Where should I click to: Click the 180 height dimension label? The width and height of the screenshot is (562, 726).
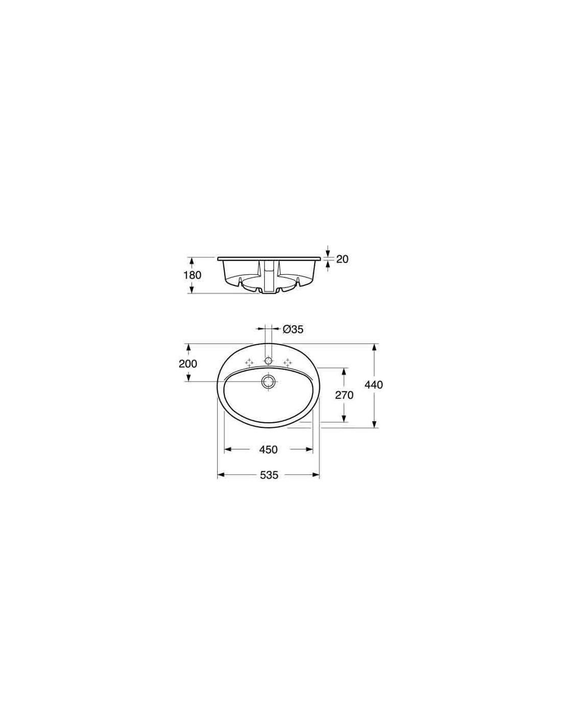[x=192, y=275]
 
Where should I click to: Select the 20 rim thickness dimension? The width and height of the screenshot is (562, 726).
[x=342, y=259]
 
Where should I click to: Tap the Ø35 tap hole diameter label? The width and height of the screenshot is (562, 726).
[x=293, y=329]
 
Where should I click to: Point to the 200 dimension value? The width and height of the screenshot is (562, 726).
[x=188, y=364]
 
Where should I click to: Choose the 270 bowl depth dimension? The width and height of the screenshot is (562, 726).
[x=344, y=395]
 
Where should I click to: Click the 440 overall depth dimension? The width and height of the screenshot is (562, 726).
[x=373, y=385]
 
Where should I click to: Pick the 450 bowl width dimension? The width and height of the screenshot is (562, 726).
[x=268, y=450]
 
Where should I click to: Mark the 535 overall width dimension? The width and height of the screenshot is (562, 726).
[x=269, y=475]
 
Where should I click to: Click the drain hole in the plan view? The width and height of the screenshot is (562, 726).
[x=268, y=381]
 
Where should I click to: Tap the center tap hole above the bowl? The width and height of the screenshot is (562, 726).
[x=268, y=361]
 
